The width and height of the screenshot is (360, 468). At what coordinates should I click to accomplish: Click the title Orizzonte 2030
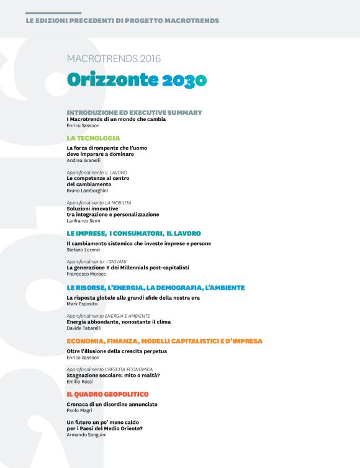pyautogui.click(x=137, y=80)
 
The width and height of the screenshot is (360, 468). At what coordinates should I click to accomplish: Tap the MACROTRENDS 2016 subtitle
pyautogui.click(x=114, y=59)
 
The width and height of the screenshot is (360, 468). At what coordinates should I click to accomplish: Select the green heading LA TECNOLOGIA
pyautogui.click(x=93, y=138)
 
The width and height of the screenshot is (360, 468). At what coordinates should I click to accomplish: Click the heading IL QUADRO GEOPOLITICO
pyautogui.click(x=107, y=394)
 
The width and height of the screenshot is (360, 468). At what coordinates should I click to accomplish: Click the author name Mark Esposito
pyautogui.click(x=83, y=304)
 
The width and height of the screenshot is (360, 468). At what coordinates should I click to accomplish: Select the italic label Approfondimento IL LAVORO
pyautogui.click(x=96, y=172)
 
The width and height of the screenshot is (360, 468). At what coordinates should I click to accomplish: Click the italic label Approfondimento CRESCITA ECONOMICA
pyautogui.click(x=109, y=369)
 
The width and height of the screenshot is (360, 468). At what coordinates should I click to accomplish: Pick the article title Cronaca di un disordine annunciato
pyautogui.click(x=112, y=404)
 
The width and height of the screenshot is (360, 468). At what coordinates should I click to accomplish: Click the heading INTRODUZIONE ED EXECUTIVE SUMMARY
pyautogui.click(x=134, y=112)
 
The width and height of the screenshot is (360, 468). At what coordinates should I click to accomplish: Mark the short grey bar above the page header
pyautogui.click(x=53, y=13)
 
